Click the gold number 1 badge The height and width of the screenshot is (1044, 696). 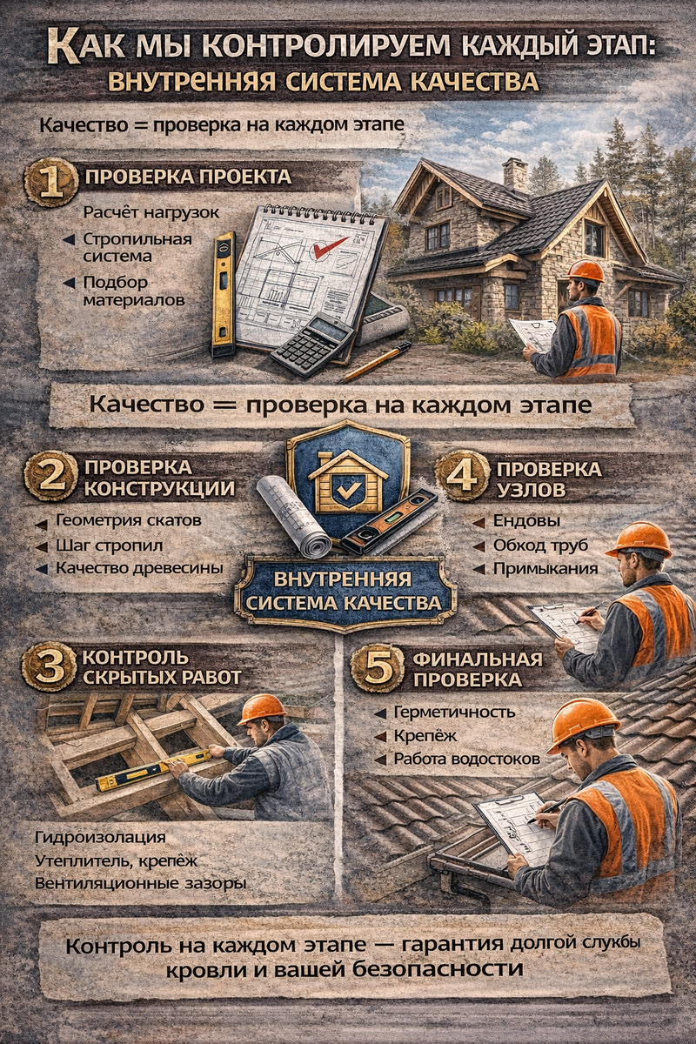(x=51, y=184)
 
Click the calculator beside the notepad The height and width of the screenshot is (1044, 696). (x=311, y=344)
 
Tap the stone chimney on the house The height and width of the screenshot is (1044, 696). (x=515, y=175)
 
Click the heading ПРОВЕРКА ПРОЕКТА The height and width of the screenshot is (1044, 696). (x=188, y=177)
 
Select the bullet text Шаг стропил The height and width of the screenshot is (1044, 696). (x=109, y=545)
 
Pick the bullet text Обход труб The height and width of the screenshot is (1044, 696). (x=541, y=545)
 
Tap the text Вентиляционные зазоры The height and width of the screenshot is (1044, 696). (x=140, y=883)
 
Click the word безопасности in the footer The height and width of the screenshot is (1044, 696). (x=437, y=969)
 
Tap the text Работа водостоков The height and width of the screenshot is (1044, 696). (x=467, y=759)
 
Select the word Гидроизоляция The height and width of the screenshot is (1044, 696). (x=100, y=837)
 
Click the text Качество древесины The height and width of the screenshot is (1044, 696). (x=139, y=568)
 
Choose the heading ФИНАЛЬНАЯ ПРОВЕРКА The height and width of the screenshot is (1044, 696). (x=478, y=669)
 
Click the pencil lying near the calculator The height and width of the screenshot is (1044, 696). (x=378, y=362)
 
